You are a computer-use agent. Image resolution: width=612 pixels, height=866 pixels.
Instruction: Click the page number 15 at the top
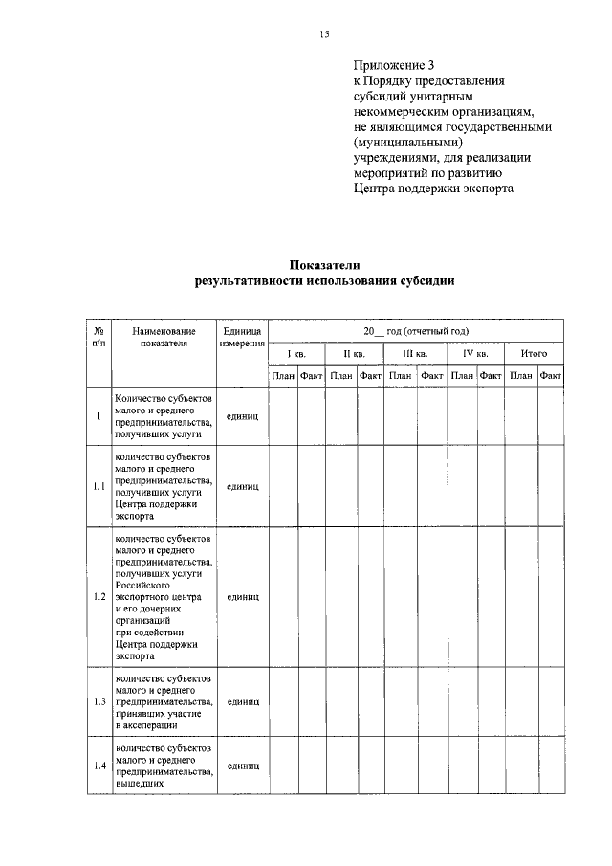[324, 34]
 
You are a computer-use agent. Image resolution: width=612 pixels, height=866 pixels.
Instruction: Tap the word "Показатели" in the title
[324, 265]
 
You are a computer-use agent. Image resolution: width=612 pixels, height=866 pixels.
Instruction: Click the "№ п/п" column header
[98, 336]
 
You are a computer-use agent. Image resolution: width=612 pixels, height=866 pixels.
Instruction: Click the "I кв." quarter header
[297, 354]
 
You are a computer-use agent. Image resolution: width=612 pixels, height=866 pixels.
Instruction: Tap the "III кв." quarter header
[415, 354]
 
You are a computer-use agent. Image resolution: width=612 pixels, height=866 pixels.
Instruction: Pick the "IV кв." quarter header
[475, 354]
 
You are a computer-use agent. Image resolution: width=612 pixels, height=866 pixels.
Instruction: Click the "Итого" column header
[534, 354]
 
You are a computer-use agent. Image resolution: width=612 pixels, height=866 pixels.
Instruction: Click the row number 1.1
[98, 486]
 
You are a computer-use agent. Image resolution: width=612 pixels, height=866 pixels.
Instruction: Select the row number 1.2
[98, 597]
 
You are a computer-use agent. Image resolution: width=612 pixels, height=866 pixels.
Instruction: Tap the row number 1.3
[98, 701]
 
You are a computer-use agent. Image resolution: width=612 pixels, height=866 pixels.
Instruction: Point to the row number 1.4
[98, 766]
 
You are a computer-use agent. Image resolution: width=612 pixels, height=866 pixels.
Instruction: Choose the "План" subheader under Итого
[520, 376]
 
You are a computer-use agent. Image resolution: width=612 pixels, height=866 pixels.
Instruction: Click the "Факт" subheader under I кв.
[312, 376]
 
